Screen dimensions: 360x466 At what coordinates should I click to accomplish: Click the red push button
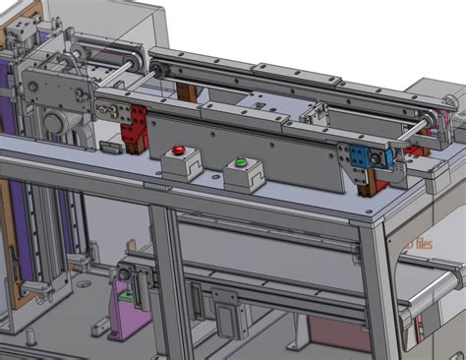(178, 151)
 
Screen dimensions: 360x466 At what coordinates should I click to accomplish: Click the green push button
(240, 161)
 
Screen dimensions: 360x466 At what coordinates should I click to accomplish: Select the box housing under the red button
(181, 166)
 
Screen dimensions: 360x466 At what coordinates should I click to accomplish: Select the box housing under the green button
(243, 177)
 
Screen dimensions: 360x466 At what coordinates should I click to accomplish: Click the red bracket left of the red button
(134, 129)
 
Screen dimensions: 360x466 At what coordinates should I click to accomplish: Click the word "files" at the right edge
(423, 243)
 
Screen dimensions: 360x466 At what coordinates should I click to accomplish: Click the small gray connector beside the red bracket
(111, 148)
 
